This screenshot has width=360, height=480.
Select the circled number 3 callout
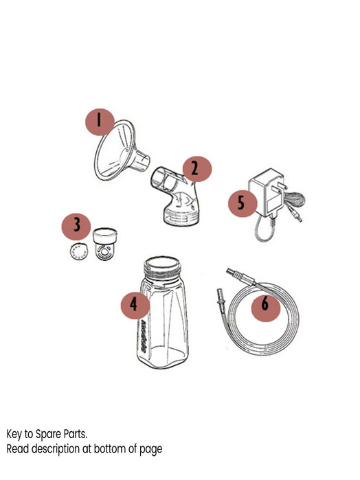click(x=77, y=225)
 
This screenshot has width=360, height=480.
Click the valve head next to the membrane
click(x=106, y=244)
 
